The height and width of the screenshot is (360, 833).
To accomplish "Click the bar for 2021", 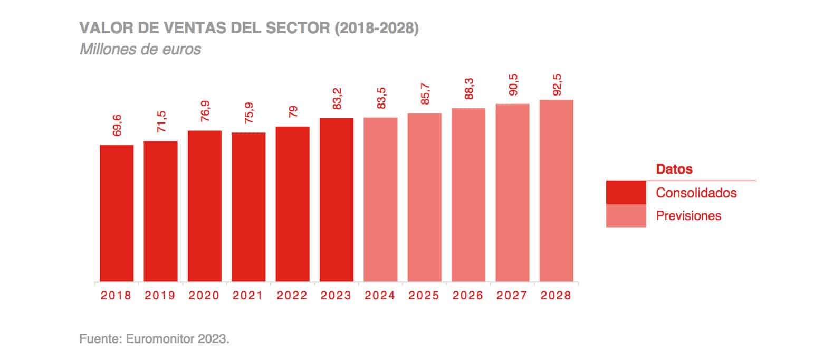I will [248, 207].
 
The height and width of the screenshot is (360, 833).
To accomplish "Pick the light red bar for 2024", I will [380, 200].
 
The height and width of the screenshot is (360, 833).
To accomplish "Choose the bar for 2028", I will [556, 191].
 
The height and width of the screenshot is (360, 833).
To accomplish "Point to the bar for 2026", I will [468, 195].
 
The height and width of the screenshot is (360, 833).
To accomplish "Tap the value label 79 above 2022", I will [293, 112].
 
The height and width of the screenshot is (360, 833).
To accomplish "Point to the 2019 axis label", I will [160, 296].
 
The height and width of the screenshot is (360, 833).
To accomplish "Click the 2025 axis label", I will [424, 296].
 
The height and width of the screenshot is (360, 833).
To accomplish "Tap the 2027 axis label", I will [512, 296].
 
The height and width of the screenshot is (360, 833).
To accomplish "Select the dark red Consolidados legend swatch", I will [626, 193].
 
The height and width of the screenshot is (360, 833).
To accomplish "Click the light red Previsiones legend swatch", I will [626, 216].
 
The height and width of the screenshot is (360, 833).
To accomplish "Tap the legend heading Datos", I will [674, 169].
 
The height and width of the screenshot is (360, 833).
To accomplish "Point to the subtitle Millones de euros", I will [140, 50].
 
